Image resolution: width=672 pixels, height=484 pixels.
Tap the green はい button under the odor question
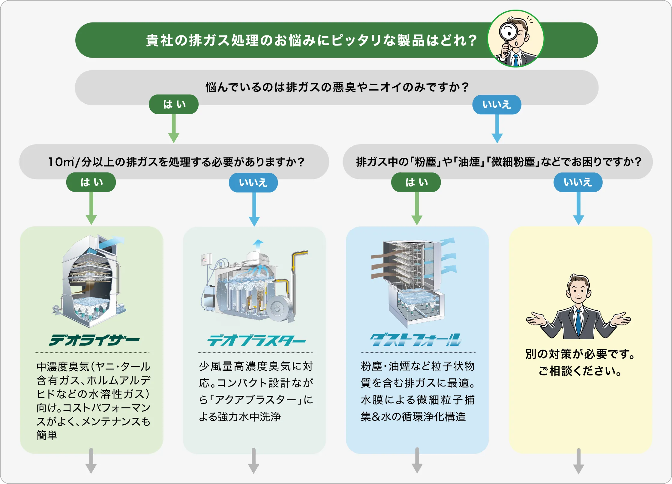[174, 104]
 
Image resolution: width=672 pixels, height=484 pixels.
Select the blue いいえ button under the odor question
[496, 105]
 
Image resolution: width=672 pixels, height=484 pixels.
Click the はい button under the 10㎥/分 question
[91, 182]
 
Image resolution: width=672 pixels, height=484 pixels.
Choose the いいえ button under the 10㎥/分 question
[253, 182]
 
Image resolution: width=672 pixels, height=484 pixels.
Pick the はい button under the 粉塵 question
[416, 182]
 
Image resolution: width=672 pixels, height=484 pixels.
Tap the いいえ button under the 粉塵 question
[578, 182]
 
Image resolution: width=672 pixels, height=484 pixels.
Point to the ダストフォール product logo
[416, 340]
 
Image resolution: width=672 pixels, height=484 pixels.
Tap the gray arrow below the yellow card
[578, 462]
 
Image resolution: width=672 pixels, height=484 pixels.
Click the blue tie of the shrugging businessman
[578, 324]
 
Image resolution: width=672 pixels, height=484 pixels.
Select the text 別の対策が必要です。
[580, 354]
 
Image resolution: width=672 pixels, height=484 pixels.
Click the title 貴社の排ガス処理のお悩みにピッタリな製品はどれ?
[311, 40]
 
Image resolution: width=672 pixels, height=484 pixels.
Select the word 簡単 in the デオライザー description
[47, 435]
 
